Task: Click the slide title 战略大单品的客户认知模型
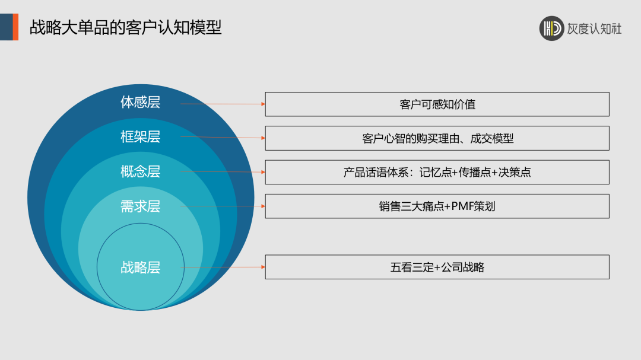pos(125,27)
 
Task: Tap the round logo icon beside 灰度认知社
pos(551,28)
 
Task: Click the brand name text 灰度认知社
pos(594,28)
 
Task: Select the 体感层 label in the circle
pos(141,103)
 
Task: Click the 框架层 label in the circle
pos(141,137)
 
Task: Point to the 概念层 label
pos(141,172)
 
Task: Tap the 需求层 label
pos(141,206)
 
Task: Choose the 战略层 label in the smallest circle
pos(141,267)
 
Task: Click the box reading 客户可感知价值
pos(437,104)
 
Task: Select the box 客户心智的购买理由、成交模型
pos(437,138)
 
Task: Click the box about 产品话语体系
pos(437,173)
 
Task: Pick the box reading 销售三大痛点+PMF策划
pos(437,206)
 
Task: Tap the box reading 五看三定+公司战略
pos(437,267)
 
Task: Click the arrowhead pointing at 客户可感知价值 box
pos(262,104)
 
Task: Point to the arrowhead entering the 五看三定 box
pos(262,267)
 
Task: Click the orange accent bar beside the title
pos(15,27)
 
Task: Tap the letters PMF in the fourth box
pos(462,206)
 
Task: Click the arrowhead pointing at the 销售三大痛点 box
pos(262,206)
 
